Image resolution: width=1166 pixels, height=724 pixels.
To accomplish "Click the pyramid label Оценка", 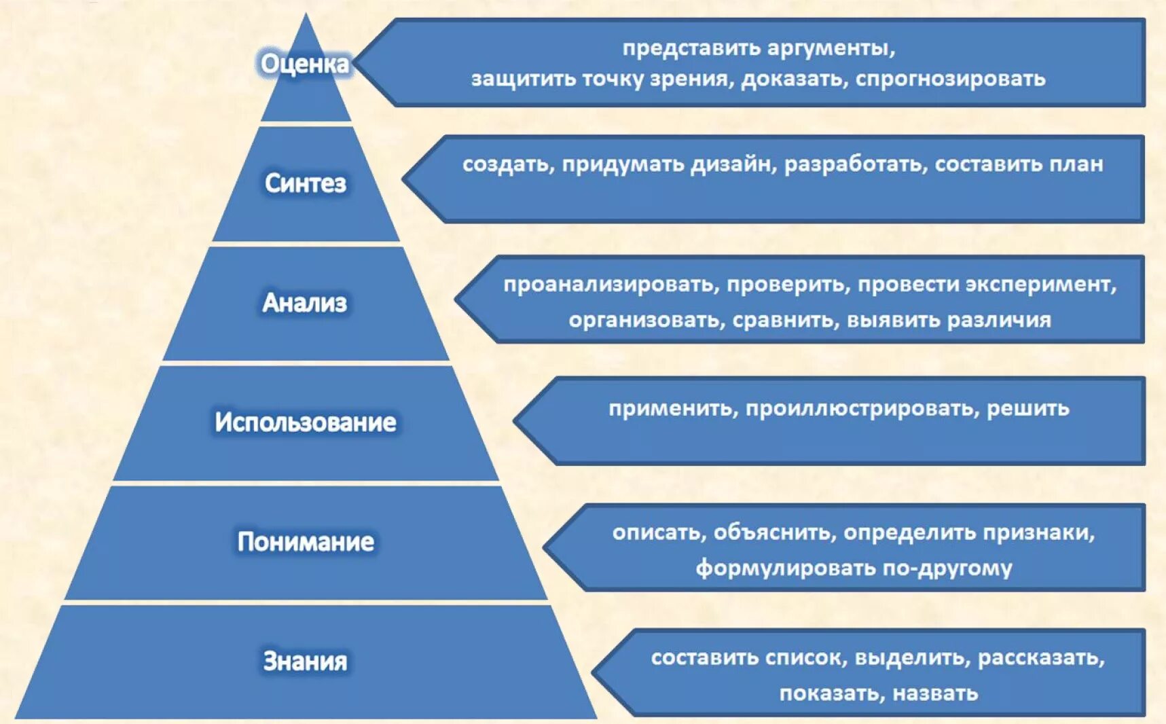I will [305, 64].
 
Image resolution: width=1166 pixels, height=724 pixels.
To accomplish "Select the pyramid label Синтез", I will [305, 183].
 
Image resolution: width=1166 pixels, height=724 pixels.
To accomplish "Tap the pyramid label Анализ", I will [305, 303].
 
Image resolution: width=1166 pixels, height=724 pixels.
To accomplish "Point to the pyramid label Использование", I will [306, 422].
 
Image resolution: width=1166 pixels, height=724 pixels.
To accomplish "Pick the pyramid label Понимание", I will [306, 542].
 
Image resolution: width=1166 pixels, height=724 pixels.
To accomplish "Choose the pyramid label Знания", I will [305, 662].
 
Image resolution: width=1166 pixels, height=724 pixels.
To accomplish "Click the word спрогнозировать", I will [950, 79].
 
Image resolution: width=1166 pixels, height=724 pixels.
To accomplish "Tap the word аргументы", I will [832, 49].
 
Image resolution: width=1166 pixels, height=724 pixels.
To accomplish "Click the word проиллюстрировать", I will [862, 409].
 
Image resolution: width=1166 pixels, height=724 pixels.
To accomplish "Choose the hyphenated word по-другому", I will [947, 568].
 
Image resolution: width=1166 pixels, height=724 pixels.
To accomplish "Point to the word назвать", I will [935, 693].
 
